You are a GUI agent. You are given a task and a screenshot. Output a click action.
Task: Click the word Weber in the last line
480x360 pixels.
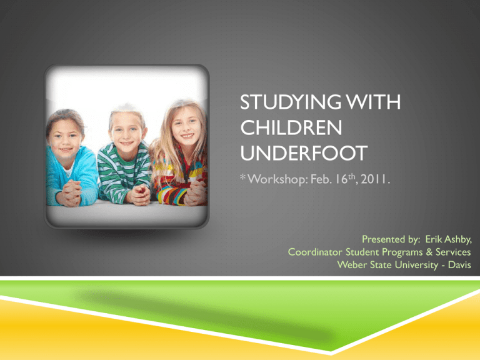350,264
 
